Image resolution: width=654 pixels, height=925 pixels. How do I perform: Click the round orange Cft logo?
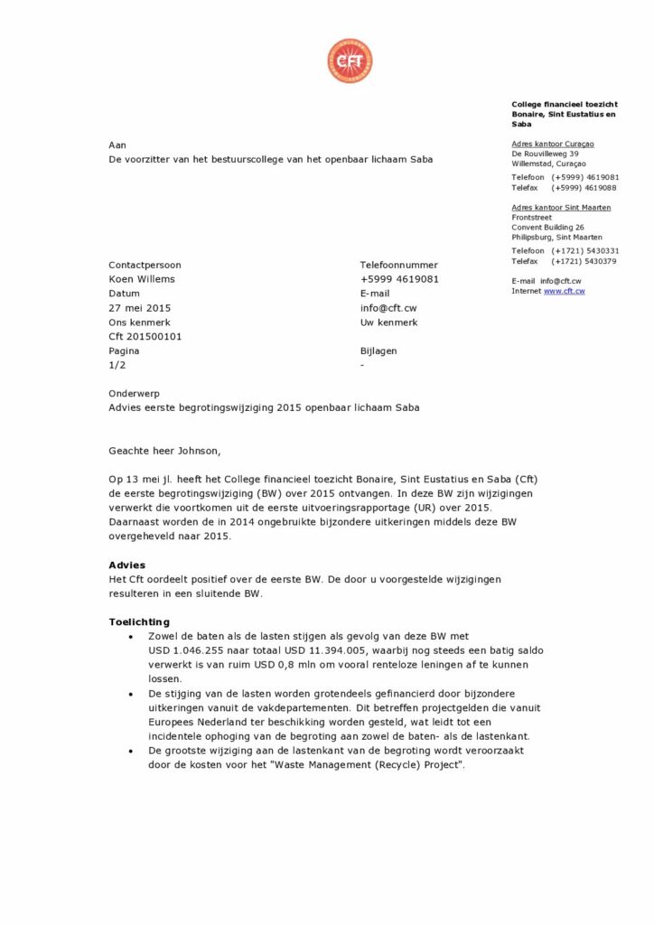click(350, 61)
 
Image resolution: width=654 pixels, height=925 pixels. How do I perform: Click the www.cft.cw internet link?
click(564, 291)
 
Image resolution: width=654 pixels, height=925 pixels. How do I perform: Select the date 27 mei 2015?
click(139, 308)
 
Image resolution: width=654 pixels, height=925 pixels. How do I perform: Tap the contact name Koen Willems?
click(142, 279)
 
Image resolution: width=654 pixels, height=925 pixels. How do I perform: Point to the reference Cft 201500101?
click(145, 336)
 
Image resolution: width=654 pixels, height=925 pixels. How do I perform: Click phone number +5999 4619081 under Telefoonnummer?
click(399, 279)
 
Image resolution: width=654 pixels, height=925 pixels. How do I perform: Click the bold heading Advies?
click(126, 565)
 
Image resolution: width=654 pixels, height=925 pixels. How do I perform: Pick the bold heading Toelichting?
click(139, 621)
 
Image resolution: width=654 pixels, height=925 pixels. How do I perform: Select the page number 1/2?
click(117, 365)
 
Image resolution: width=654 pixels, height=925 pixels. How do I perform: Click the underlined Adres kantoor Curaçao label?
click(552, 144)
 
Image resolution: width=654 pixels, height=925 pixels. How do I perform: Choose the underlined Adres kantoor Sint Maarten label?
click(561, 208)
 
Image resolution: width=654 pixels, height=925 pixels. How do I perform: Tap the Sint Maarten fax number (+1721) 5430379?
click(584, 261)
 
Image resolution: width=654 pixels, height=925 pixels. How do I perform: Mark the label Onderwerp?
click(134, 393)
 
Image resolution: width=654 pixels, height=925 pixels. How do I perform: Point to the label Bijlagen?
click(378, 350)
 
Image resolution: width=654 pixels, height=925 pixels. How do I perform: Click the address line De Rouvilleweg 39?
click(545, 154)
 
